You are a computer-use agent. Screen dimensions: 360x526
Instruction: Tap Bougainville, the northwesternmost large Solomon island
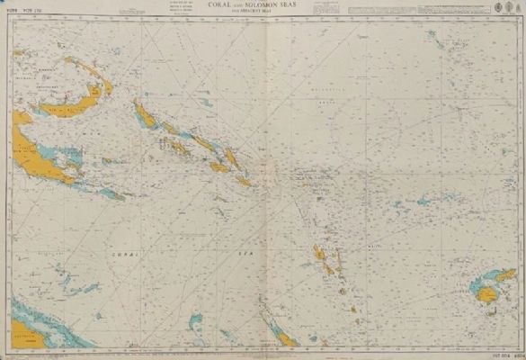click(x=144, y=114)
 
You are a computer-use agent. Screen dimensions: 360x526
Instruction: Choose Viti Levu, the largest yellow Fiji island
click(x=490, y=293)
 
